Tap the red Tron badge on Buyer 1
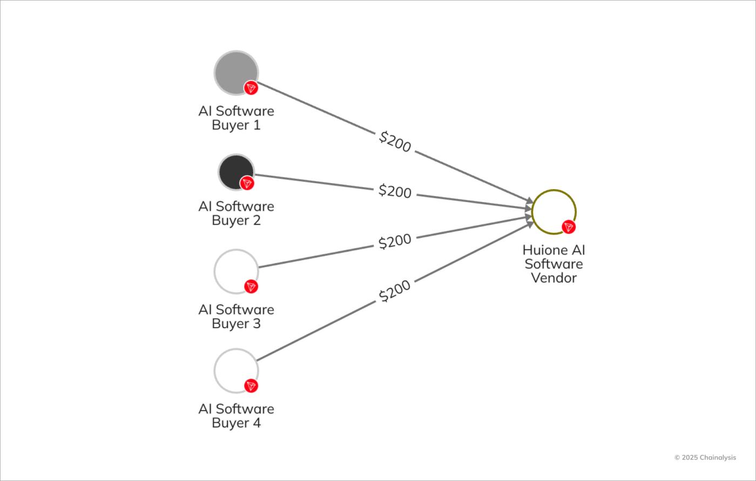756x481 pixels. [x=251, y=88]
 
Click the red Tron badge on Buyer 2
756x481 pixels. [x=247, y=183]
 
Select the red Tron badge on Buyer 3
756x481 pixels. [x=251, y=286]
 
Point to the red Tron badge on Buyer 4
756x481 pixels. [x=251, y=386]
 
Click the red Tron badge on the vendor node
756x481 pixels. [x=569, y=227]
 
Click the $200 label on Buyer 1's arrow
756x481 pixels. [x=395, y=142]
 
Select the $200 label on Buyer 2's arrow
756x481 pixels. [x=395, y=191]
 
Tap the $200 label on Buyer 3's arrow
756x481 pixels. [x=395, y=241]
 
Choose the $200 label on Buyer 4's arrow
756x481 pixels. [x=395, y=291]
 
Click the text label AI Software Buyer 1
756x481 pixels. [x=236, y=118]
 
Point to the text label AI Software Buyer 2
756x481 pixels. [x=236, y=213]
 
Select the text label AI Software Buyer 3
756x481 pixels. [x=236, y=316]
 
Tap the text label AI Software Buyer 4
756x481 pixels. [x=236, y=416]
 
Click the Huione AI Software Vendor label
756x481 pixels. [x=553, y=264]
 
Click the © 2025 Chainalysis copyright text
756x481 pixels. [x=705, y=457]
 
